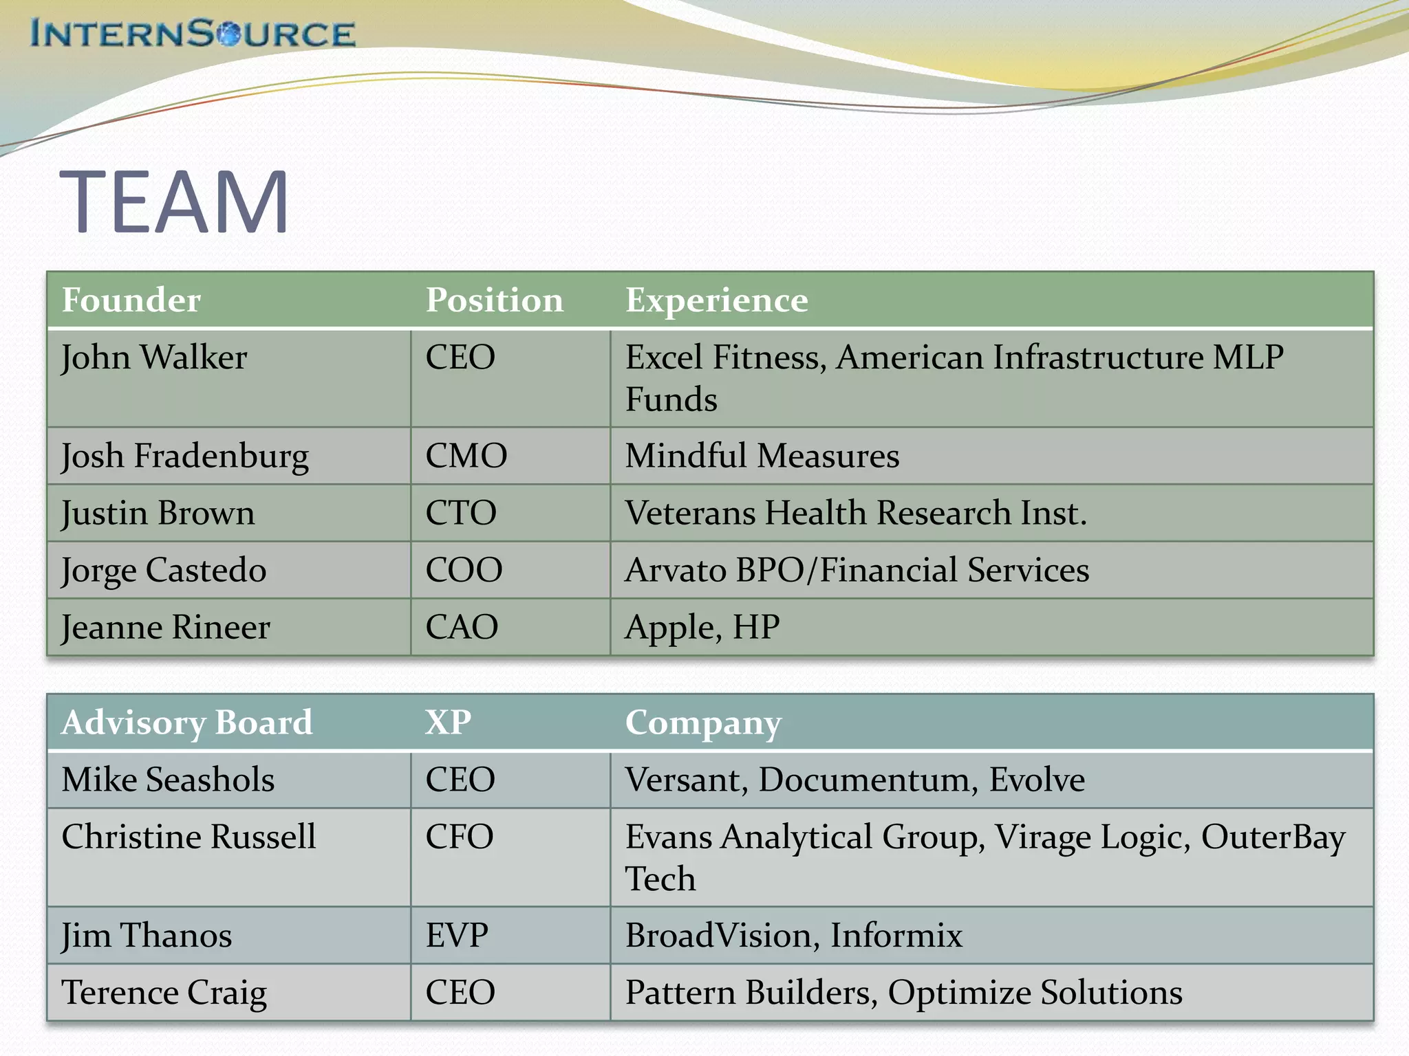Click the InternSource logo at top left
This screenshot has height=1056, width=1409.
pyautogui.click(x=193, y=34)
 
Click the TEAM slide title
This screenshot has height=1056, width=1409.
pyautogui.click(x=175, y=202)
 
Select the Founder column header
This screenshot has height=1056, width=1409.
pyautogui.click(x=131, y=300)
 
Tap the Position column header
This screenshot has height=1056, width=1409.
pyautogui.click(x=494, y=300)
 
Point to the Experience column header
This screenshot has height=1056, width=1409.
pyautogui.click(x=716, y=300)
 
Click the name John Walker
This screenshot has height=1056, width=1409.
pyautogui.click(x=154, y=357)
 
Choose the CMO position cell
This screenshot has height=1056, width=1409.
pyautogui.click(x=466, y=456)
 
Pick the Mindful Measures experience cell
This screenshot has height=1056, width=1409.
pyautogui.click(x=762, y=456)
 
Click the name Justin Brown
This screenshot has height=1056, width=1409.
pyautogui.click(x=158, y=513)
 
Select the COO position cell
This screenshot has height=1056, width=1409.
pyautogui.click(x=464, y=570)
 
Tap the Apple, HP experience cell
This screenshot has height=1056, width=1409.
pyautogui.click(x=702, y=627)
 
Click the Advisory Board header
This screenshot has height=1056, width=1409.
pyautogui.click(x=186, y=723)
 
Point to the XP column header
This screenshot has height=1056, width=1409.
pyautogui.click(x=448, y=723)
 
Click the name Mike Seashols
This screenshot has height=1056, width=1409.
pyautogui.click(x=168, y=780)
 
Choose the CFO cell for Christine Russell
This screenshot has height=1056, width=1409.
pyautogui.click(x=459, y=837)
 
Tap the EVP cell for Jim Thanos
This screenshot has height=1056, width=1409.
pyautogui.click(x=457, y=936)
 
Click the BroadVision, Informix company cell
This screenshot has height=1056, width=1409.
pyautogui.click(x=793, y=936)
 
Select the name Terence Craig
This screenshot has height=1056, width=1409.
pyautogui.click(x=164, y=993)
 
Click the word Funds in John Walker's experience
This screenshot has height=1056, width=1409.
pyautogui.click(x=671, y=399)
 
